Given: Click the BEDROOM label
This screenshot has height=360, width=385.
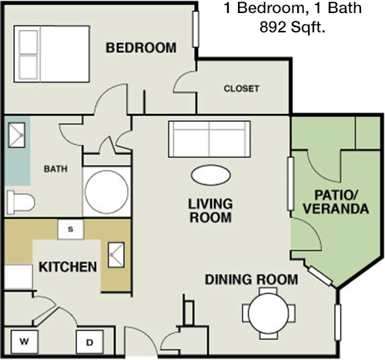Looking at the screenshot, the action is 141,48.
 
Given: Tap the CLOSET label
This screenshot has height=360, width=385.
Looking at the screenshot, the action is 241,89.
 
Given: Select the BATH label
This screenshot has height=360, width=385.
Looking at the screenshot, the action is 55,169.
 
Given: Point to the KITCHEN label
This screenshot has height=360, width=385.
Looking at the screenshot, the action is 68,267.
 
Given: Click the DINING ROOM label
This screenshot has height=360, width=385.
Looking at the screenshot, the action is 252,280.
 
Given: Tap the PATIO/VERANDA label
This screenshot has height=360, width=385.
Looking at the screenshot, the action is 336,202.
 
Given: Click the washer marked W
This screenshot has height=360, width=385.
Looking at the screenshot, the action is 25,341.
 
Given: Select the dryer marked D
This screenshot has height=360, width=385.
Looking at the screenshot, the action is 90,342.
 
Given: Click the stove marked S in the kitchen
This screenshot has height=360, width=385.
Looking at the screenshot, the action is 71,229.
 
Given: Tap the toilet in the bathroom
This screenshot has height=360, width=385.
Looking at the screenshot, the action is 20,202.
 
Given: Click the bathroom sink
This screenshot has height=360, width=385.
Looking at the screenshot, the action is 17,135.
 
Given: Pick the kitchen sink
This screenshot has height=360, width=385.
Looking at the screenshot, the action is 116,254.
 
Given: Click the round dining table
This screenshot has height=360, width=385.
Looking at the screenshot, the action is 269,313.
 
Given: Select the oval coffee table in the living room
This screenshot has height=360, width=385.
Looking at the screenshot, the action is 211,175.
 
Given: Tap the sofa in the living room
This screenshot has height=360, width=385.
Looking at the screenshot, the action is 209,139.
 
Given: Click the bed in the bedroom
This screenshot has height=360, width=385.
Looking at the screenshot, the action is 52,54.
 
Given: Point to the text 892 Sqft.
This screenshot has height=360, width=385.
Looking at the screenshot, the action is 293,27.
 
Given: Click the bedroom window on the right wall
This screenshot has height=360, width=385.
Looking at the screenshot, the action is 196,29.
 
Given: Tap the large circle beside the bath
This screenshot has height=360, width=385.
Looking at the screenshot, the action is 106,192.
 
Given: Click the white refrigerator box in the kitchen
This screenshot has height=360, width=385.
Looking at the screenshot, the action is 18,277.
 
